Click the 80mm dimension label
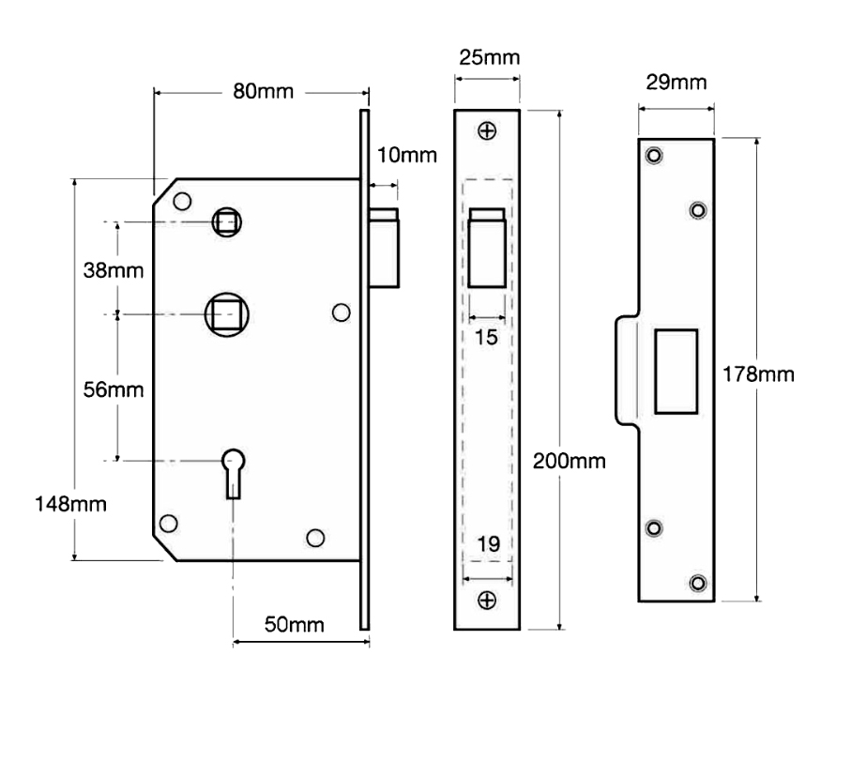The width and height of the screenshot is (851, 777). [264, 92]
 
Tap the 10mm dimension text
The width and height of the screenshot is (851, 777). [406, 155]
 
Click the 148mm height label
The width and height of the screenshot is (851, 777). [71, 504]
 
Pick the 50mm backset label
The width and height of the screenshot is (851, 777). [295, 625]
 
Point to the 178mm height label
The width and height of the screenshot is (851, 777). [758, 374]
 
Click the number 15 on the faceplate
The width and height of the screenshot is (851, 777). [487, 336]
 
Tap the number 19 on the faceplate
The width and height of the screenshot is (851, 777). [487, 542]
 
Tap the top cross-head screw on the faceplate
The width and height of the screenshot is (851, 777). [487, 130]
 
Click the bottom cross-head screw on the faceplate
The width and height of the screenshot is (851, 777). [487, 599]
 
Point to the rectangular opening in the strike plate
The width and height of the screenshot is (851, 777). [676, 371]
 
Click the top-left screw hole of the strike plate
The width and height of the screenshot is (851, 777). [654, 157]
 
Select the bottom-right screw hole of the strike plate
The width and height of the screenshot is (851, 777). [697, 583]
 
